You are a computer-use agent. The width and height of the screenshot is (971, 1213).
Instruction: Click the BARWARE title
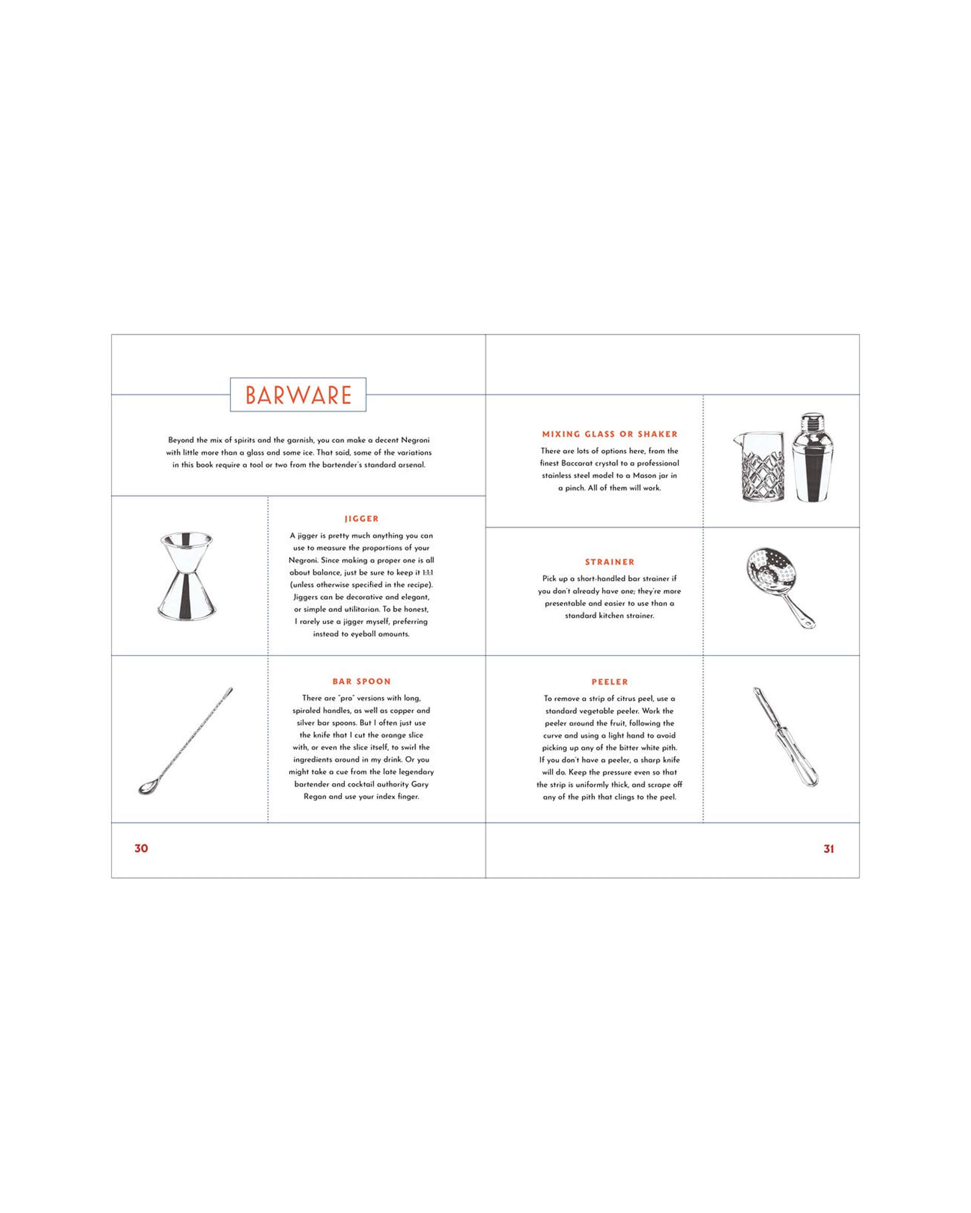(299, 395)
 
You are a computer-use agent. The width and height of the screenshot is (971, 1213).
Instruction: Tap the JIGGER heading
(362, 519)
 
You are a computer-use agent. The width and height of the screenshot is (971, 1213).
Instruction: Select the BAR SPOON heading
(362, 681)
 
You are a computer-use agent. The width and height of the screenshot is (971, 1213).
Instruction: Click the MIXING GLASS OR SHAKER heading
(609, 434)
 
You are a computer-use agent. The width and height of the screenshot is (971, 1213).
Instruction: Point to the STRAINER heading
(609, 562)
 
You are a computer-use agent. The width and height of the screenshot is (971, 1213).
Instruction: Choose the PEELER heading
(609, 682)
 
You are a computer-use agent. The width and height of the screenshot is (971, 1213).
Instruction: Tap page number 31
(828, 849)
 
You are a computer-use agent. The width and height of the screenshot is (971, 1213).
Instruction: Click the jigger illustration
(186, 576)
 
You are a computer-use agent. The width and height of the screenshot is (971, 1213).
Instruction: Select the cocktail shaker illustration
(810, 457)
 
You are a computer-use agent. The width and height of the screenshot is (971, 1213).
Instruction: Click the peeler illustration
(785, 737)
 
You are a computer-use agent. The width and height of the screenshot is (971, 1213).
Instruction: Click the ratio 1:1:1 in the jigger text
(427, 572)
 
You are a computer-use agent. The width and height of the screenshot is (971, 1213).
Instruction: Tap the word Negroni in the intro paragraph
(415, 440)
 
